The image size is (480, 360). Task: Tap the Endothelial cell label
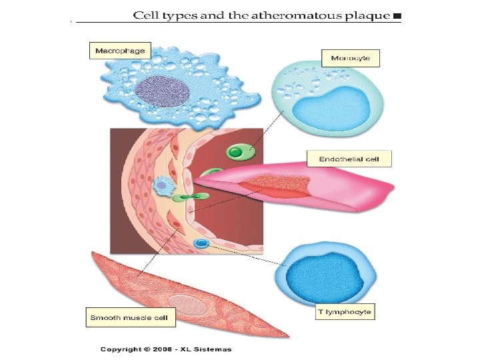pyautogui.click(x=349, y=159)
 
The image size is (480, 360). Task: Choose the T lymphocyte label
pyautogui.click(x=345, y=311)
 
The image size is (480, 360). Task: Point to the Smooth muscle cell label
pyautogui.click(x=130, y=317)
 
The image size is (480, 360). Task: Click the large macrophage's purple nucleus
pyautogui.click(x=163, y=91)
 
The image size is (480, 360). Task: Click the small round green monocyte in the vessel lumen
pyautogui.click(x=236, y=153)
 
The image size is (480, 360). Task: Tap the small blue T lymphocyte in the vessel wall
pyautogui.click(x=200, y=245)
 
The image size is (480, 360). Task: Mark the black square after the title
pyautogui.click(x=397, y=15)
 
